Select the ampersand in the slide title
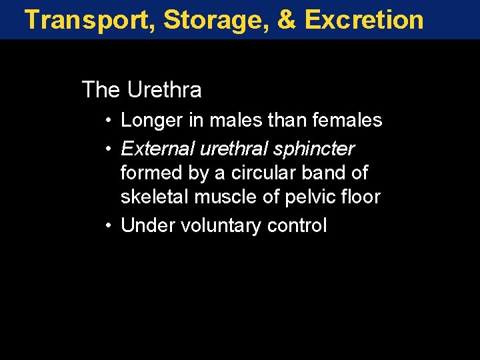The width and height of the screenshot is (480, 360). (x=286, y=20)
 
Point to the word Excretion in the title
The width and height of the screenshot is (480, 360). (x=364, y=20)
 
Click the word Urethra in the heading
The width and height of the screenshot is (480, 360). (x=163, y=89)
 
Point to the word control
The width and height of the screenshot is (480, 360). (x=297, y=226)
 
